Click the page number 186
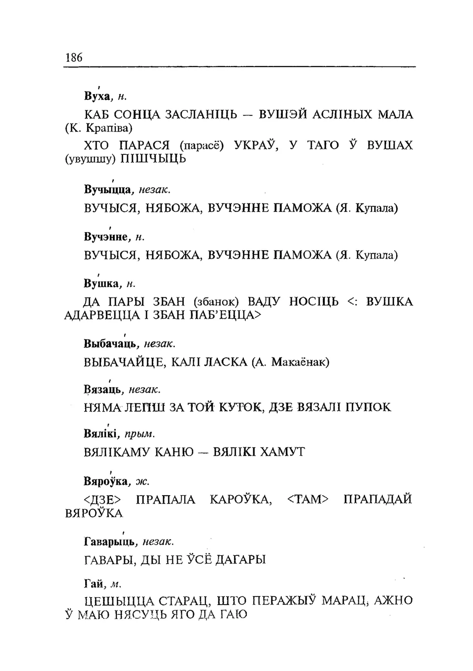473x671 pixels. pyautogui.click(x=73, y=57)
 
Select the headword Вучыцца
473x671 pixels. pyautogui.click(x=107, y=189)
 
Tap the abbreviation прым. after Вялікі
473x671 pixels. pyautogui.click(x=140, y=435)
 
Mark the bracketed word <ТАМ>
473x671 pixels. pyautogui.click(x=307, y=500)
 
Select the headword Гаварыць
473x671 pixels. pyautogui.click(x=109, y=542)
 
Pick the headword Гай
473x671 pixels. pyautogui.click(x=93, y=584)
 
